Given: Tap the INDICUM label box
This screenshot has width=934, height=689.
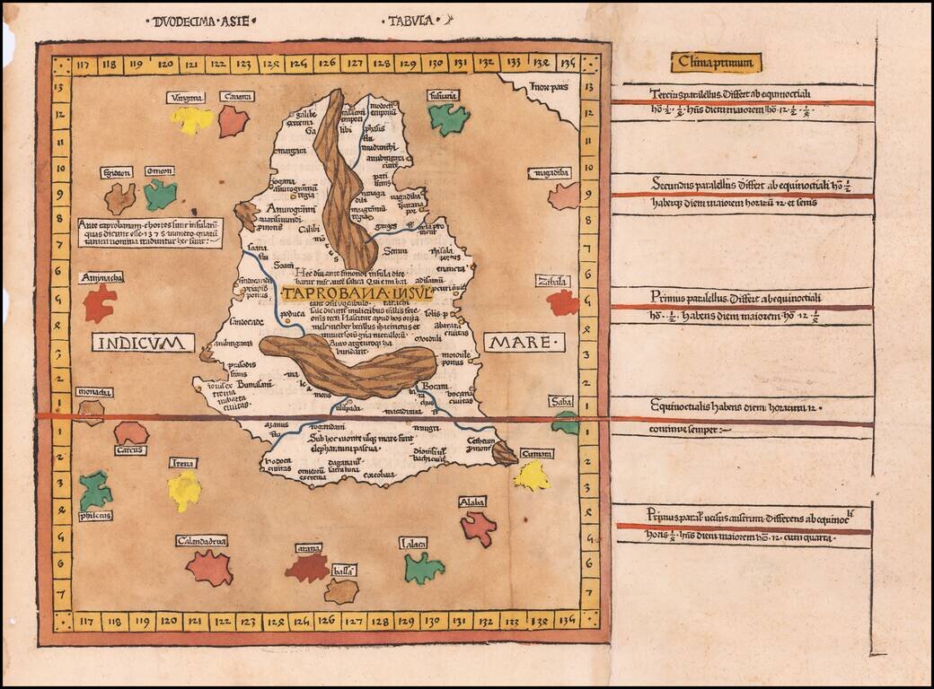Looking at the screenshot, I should (143, 343).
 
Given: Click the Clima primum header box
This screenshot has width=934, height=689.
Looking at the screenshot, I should (716, 62).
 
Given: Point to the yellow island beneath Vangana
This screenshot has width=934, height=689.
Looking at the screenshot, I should (191, 119).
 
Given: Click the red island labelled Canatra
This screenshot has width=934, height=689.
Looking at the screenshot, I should (233, 120).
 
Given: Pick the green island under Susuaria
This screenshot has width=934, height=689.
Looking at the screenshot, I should (447, 118).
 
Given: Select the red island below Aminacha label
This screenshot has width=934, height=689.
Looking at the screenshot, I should (100, 302).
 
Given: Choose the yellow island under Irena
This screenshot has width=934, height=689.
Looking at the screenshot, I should (184, 490).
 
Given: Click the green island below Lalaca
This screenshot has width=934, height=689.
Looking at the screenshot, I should (422, 568).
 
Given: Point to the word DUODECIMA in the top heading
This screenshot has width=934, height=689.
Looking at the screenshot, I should (190, 19).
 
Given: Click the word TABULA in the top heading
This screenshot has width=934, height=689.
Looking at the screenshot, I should (410, 19).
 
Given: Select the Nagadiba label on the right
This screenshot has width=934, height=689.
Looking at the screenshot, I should (550, 173).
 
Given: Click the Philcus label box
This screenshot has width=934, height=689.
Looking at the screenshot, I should (95, 516).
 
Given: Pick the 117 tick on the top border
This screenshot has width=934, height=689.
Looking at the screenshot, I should (85, 65).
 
